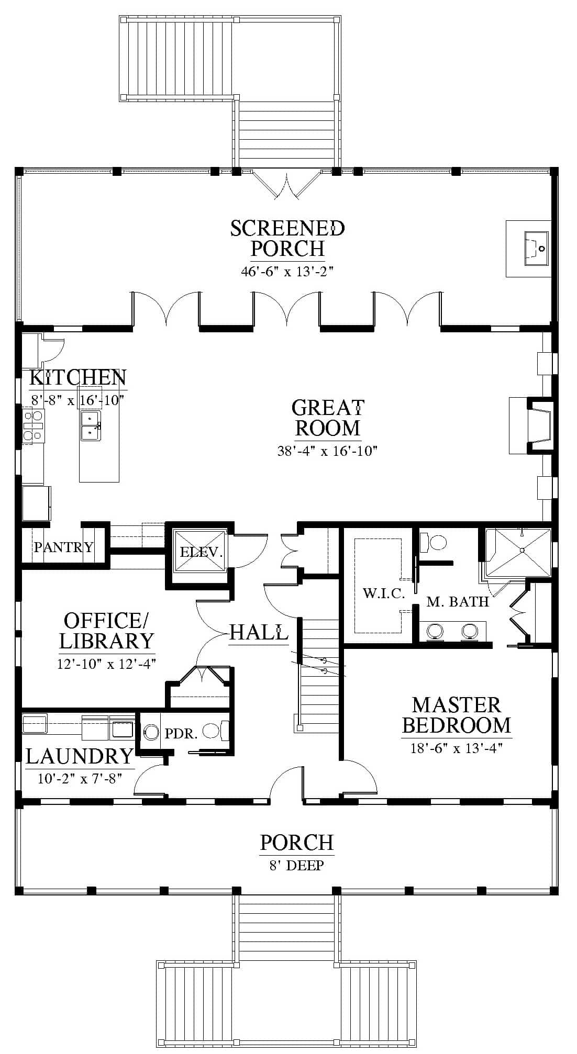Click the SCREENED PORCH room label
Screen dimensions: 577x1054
pos(287,238)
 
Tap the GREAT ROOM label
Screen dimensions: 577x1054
pos(328,418)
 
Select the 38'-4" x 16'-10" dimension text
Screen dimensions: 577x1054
pos(328,451)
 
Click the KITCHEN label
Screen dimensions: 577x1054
pos(77,377)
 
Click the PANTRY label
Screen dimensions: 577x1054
pos(63,547)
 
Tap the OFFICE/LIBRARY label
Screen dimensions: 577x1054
pos(106,631)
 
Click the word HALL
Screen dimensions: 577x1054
pos(259,632)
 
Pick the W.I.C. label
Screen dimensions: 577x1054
pos(384,593)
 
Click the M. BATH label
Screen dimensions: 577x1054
pos(458,602)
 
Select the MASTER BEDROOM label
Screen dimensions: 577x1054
pos(457,715)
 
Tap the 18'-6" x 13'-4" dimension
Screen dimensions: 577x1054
pos(457,748)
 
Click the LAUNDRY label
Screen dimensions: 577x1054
pos(80,756)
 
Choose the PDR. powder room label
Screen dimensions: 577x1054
pos(181,734)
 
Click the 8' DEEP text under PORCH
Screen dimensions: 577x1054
pos(297,865)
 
